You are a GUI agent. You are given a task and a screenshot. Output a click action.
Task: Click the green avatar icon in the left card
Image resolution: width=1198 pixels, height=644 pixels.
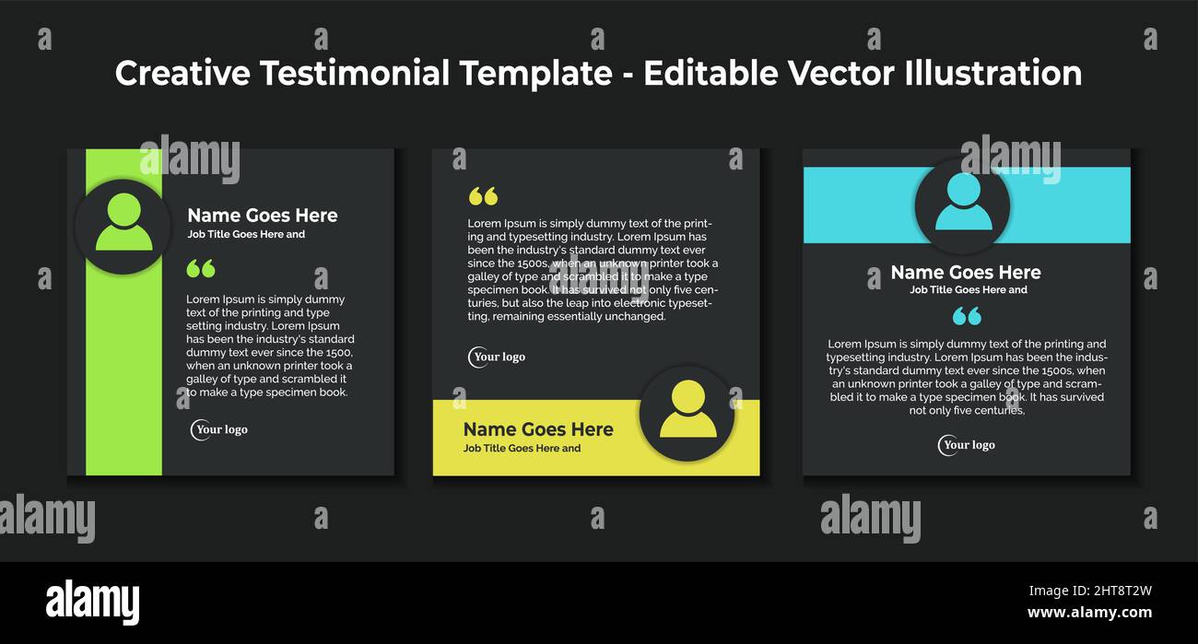coord(123,224)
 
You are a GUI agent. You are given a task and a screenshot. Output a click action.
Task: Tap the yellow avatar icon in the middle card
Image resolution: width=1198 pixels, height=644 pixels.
coord(687,411)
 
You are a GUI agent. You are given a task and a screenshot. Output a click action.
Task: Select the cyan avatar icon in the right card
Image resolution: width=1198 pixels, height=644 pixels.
coord(963,204)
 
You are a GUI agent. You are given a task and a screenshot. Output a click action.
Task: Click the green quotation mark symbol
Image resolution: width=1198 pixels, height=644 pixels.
coord(200,268)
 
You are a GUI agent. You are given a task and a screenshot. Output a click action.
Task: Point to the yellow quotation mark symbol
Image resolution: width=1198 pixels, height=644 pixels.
coord(483,196)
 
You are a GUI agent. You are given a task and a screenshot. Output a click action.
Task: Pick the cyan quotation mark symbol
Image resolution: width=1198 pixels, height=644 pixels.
coord(967,316)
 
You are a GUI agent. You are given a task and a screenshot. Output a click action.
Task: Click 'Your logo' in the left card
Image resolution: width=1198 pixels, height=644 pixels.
coord(220,429)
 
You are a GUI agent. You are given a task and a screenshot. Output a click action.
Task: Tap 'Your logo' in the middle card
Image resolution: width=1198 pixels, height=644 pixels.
coord(498,357)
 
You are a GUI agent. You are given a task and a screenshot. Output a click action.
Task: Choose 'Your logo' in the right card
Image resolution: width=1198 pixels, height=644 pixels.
coord(967,445)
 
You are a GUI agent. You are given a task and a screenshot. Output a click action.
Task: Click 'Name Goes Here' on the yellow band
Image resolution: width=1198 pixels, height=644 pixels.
coord(537,429)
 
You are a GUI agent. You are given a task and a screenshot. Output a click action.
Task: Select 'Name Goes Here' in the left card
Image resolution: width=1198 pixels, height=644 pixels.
coord(263,216)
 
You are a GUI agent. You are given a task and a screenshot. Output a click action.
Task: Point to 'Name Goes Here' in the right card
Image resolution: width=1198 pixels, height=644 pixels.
coord(966,273)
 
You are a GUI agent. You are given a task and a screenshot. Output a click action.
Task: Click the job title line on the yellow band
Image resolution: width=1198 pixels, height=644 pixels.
coord(522,449)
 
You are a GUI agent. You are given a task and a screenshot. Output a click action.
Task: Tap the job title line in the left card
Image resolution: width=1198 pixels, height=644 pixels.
coord(246,234)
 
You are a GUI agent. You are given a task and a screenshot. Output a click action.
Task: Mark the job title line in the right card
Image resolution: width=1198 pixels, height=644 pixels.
coord(969,290)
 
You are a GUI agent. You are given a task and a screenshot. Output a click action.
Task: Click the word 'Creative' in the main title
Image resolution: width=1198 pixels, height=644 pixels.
coord(182,74)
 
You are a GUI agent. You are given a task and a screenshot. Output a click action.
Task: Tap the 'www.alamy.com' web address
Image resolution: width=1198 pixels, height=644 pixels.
coord(1089,613)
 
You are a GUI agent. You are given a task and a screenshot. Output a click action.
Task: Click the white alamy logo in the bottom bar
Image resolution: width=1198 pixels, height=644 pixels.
coord(93,603)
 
